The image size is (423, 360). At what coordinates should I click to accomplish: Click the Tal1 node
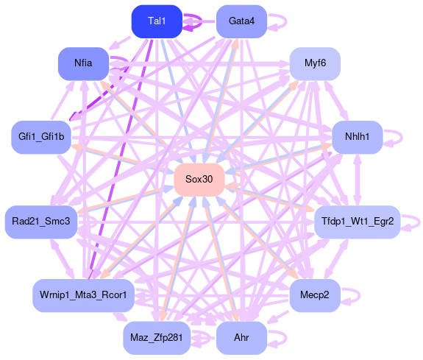tap(157, 21)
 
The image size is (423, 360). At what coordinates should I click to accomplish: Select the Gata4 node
tap(241, 21)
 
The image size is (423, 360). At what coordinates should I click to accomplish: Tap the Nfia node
tap(83, 64)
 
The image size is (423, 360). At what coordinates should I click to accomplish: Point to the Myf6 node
tap(315, 64)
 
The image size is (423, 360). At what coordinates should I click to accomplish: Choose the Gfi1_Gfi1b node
tap(41, 137)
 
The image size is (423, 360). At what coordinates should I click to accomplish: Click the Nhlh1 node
tap(358, 137)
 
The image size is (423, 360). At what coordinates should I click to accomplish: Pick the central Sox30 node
tap(199, 180)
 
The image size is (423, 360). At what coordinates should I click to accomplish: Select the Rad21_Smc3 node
tap(41, 222)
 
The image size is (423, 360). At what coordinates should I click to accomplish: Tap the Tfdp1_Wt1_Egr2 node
tap(358, 222)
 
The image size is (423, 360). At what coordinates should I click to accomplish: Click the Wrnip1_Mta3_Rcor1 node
tap(83, 295)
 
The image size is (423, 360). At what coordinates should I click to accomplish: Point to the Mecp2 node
tap(315, 295)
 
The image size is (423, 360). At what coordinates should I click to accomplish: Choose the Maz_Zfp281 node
tap(157, 338)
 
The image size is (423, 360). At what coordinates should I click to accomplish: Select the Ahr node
tap(241, 338)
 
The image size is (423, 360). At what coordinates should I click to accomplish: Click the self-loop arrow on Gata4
tap(286, 21)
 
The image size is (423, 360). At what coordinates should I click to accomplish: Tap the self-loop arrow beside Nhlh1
tap(402, 138)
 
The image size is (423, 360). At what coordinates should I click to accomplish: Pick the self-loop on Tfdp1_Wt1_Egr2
tap(419, 222)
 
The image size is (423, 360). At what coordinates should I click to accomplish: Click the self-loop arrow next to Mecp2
tap(360, 296)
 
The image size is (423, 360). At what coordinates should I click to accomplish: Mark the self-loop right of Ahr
tap(286, 338)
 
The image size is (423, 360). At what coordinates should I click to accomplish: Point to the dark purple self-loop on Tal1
tap(202, 21)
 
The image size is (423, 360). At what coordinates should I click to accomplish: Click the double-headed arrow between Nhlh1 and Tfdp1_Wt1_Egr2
tap(358, 180)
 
